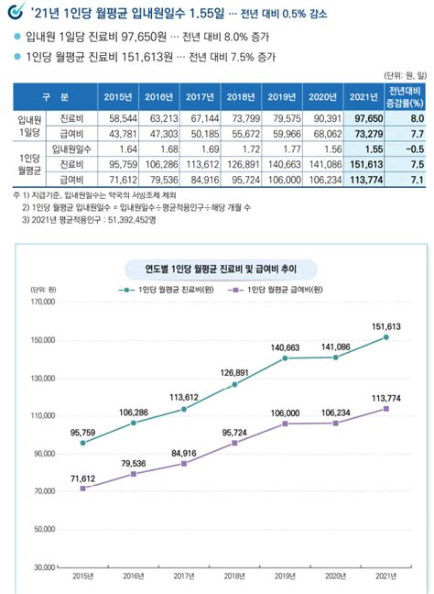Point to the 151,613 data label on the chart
(x=385, y=324)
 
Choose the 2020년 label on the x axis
(x=336, y=577)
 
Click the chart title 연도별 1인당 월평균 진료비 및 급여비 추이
(x=217, y=243)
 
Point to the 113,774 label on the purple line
(x=385, y=396)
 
